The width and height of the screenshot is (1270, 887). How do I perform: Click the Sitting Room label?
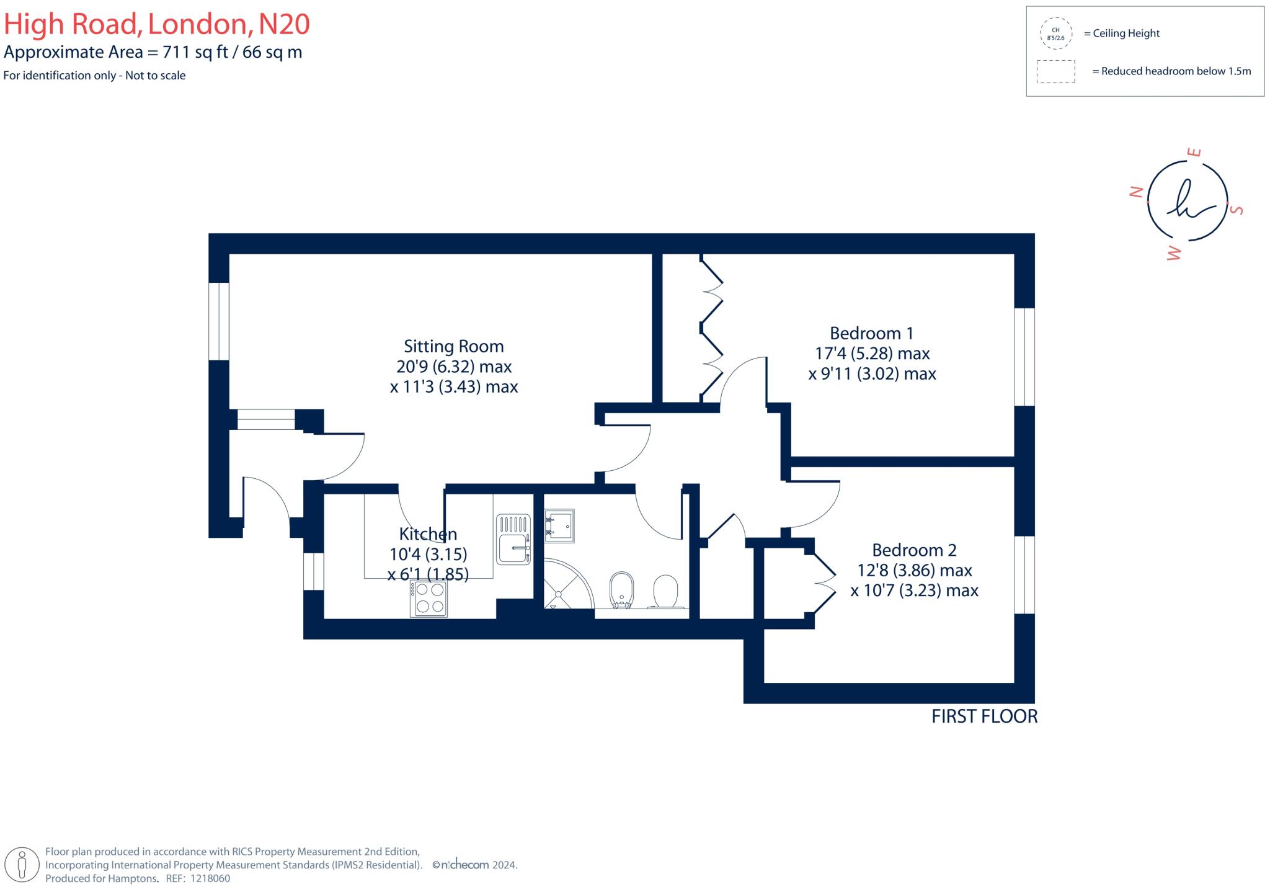click(453, 346)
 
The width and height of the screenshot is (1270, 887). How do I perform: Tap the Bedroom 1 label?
click(871, 334)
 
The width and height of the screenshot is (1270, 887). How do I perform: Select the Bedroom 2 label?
click(914, 550)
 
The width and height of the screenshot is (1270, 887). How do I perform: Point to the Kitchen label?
click(428, 534)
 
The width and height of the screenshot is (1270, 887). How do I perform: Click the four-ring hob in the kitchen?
click(429, 599)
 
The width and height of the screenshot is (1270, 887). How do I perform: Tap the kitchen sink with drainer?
click(513, 540)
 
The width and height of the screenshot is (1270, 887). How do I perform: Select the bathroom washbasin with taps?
click(559, 525)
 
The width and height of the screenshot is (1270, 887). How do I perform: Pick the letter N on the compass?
click(1136, 192)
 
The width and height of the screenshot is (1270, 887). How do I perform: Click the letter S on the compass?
click(1237, 210)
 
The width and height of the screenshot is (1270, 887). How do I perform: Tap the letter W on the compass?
click(1174, 252)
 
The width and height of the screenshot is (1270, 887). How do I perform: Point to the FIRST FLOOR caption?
click(984, 716)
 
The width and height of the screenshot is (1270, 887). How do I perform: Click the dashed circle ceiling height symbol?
click(1055, 33)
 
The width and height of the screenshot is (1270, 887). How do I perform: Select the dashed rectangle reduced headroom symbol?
click(1055, 71)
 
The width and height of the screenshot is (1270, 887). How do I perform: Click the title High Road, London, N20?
click(157, 24)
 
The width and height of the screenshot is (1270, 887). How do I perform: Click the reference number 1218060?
click(210, 878)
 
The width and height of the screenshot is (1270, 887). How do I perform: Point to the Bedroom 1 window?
click(1024, 357)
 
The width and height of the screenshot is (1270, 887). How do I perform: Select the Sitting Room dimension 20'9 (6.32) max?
click(454, 367)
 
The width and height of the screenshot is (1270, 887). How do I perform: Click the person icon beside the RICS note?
click(23, 864)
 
